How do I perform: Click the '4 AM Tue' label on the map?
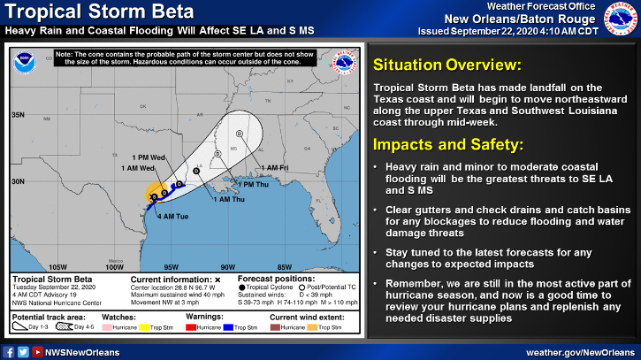(x=172, y=215)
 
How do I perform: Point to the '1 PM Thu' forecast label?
(x=250, y=184)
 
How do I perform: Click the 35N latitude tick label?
(x=19, y=115)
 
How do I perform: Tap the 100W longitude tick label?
(x=114, y=266)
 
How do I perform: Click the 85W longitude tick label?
(x=285, y=266)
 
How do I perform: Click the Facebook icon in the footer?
(x=9, y=351)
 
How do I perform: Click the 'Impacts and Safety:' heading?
(x=437, y=144)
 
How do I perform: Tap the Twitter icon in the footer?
(x=23, y=351)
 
